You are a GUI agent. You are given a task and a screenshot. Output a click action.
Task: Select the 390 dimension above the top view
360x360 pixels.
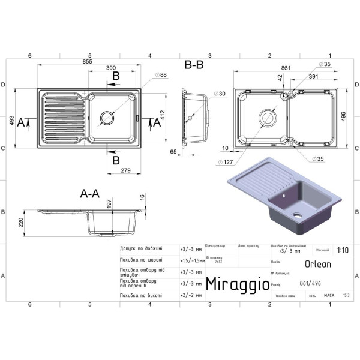111,68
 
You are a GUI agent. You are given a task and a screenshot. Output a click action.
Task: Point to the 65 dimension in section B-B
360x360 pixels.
173,152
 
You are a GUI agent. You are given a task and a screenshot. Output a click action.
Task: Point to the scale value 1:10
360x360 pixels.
343,251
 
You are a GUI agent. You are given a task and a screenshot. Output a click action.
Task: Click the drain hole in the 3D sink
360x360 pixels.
296,215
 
